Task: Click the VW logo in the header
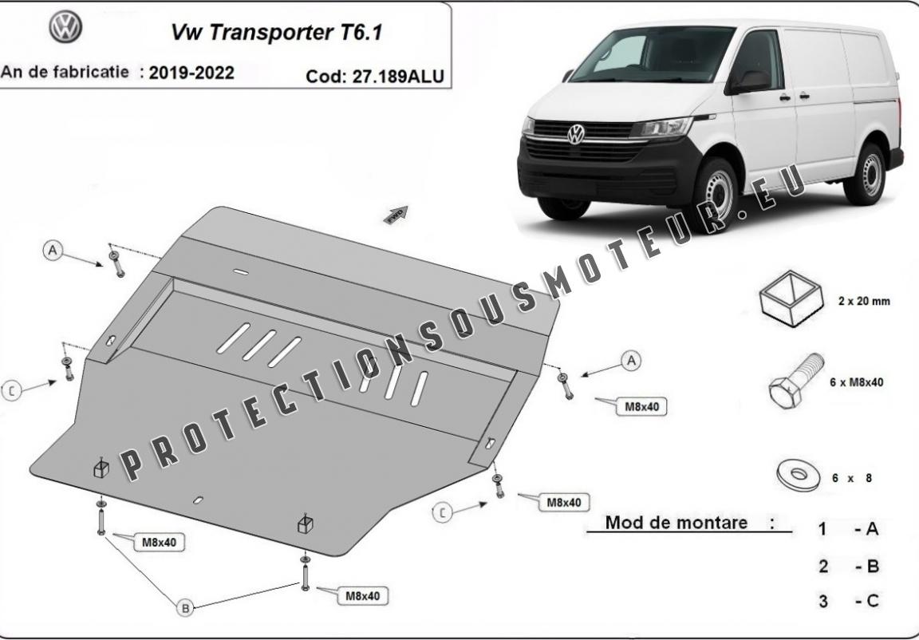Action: click(65, 26)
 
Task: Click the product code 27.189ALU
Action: click(398, 76)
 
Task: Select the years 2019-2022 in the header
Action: click(191, 73)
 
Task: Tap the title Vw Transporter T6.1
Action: click(277, 32)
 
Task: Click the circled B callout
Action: click(185, 608)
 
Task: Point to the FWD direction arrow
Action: click(396, 215)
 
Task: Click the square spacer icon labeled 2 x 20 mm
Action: click(791, 298)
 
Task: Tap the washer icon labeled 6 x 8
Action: click(799, 476)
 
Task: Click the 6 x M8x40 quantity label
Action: click(856, 382)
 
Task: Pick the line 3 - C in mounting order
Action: click(850, 601)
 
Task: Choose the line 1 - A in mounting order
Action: click(849, 529)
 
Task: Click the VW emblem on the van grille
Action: click(576, 133)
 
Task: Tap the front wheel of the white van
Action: click(715, 193)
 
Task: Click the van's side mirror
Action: click(750, 81)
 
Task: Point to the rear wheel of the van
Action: click(866, 173)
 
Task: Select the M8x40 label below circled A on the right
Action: click(641, 407)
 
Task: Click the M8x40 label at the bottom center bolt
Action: click(363, 596)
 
